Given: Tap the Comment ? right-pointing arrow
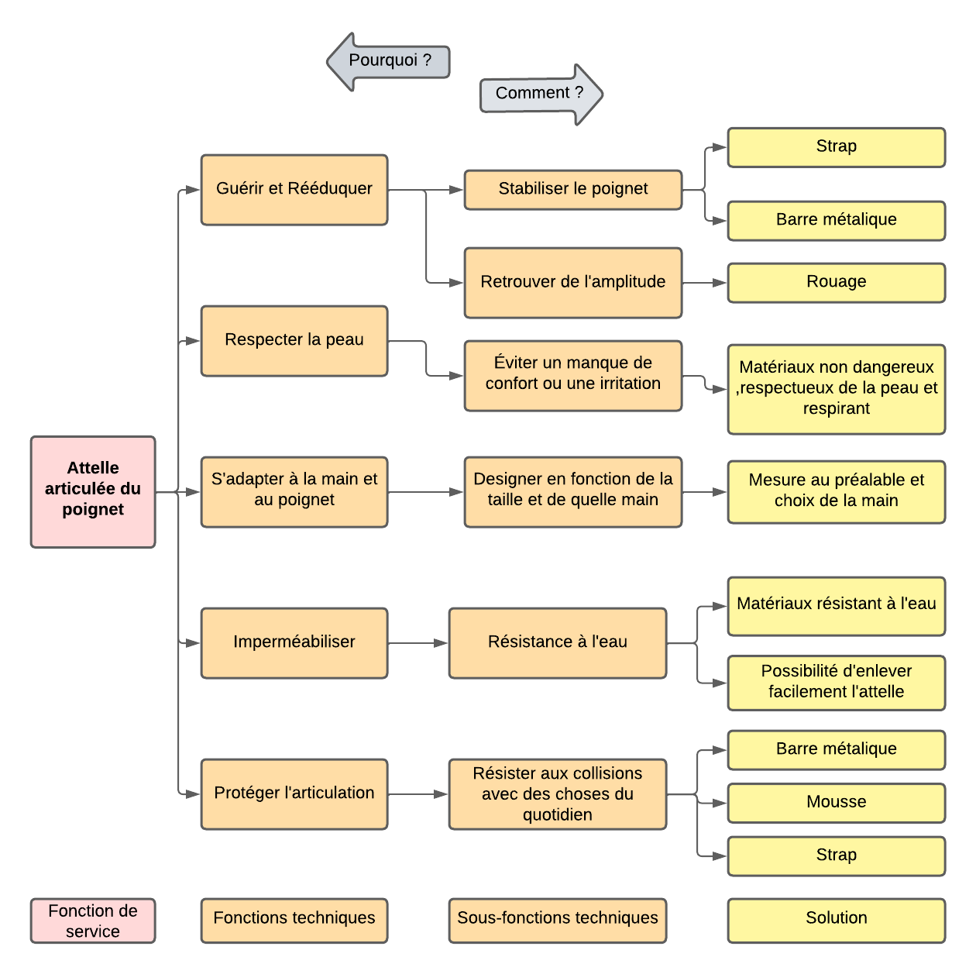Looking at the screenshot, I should [x=541, y=94].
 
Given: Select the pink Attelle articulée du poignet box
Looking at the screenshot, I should [x=93, y=491].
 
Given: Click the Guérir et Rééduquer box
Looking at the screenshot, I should [x=294, y=189].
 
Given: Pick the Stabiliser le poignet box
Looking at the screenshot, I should [x=573, y=189].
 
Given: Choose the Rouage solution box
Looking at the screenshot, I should [x=836, y=282].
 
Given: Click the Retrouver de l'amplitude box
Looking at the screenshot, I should [x=573, y=282].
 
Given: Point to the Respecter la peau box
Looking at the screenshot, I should [x=294, y=340].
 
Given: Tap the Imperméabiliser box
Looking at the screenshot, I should [x=294, y=642].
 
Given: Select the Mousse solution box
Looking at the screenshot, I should [x=836, y=802].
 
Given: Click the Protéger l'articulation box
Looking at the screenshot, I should [x=294, y=793].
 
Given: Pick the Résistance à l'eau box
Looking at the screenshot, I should [x=558, y=642].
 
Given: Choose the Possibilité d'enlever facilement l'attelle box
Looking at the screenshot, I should [x=836, y=682].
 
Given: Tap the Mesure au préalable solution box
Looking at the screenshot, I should [x=836, y=491].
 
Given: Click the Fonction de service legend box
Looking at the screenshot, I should [x=93, y=921].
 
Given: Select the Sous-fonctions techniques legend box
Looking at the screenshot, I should [x=558, y=920].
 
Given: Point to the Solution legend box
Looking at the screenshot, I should [x=836, y=920].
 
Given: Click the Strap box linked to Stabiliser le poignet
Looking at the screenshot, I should [x=836, y=147].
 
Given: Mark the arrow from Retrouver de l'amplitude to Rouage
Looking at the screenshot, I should [x=705, y=283].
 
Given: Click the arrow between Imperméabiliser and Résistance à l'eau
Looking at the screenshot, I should [x=418, y=643].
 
